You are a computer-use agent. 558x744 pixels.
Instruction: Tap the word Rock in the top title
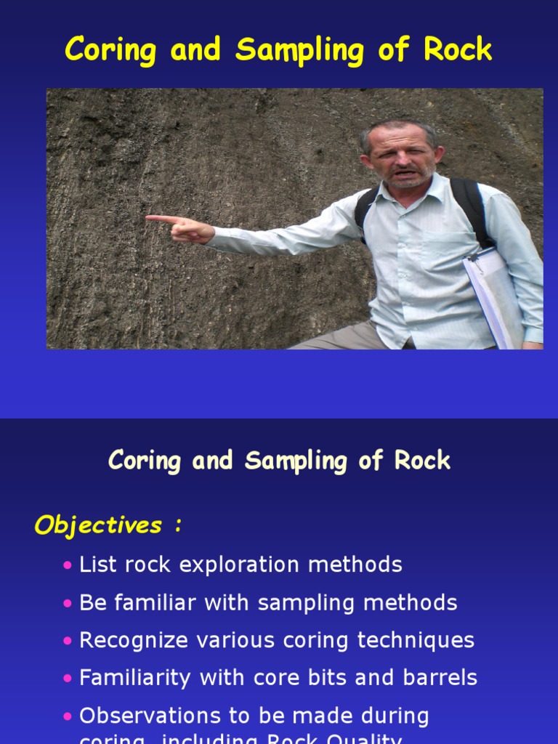coord(458,49)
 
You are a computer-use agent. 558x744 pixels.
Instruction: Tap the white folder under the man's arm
coord(493,294)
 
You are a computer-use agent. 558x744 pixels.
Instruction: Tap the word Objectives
coord(98,525)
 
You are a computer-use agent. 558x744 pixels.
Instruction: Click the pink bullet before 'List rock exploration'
coord(68,565)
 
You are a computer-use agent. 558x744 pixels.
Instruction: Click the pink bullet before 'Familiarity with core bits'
coord(68,679)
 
